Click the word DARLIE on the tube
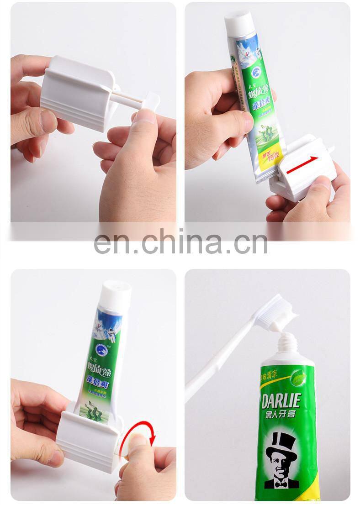[x=281, y=401]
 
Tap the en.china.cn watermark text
[x=180, y=242]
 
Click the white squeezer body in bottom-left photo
[x=89, y=434]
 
